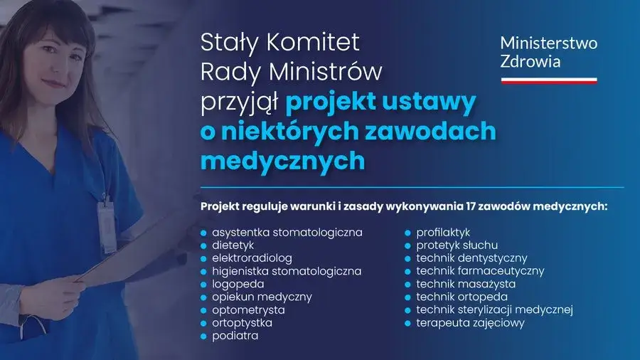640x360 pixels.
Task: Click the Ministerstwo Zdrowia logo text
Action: tap(548, 51)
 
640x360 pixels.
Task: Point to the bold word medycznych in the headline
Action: tap(282, 160)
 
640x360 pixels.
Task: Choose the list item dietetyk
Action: tap(234, 245)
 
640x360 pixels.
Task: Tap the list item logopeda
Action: tap(238, 284)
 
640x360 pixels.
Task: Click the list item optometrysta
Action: tap(248, 310)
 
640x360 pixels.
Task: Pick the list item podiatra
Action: tap(235, 336)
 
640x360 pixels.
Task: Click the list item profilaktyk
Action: tap(443, 232)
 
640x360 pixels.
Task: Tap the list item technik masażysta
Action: tap(466, 284)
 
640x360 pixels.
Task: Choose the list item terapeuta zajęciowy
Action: tap(470, 323)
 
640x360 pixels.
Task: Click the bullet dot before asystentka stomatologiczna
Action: tap(203, 233)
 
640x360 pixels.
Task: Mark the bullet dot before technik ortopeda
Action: tap(408, 297)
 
